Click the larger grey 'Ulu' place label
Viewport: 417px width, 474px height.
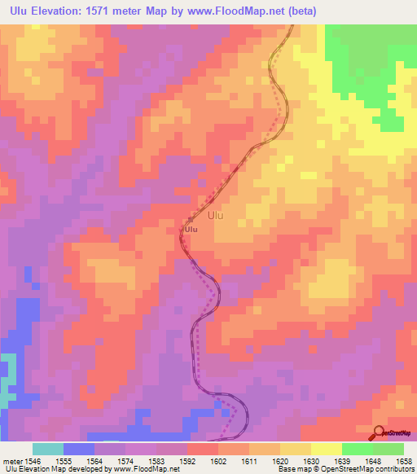[x=215, y=216]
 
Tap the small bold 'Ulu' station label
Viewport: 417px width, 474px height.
[x=191, y=230]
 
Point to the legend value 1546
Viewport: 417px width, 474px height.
[x=33, y=459]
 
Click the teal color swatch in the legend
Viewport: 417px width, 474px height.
[x=48, y=449]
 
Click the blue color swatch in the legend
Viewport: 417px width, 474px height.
[x=79, y=449]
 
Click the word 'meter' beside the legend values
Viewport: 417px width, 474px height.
[x=11, y=459]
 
